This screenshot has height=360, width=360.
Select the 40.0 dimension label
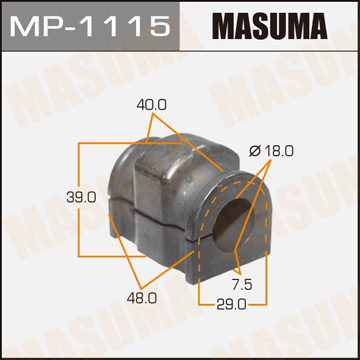pos(153,103)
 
